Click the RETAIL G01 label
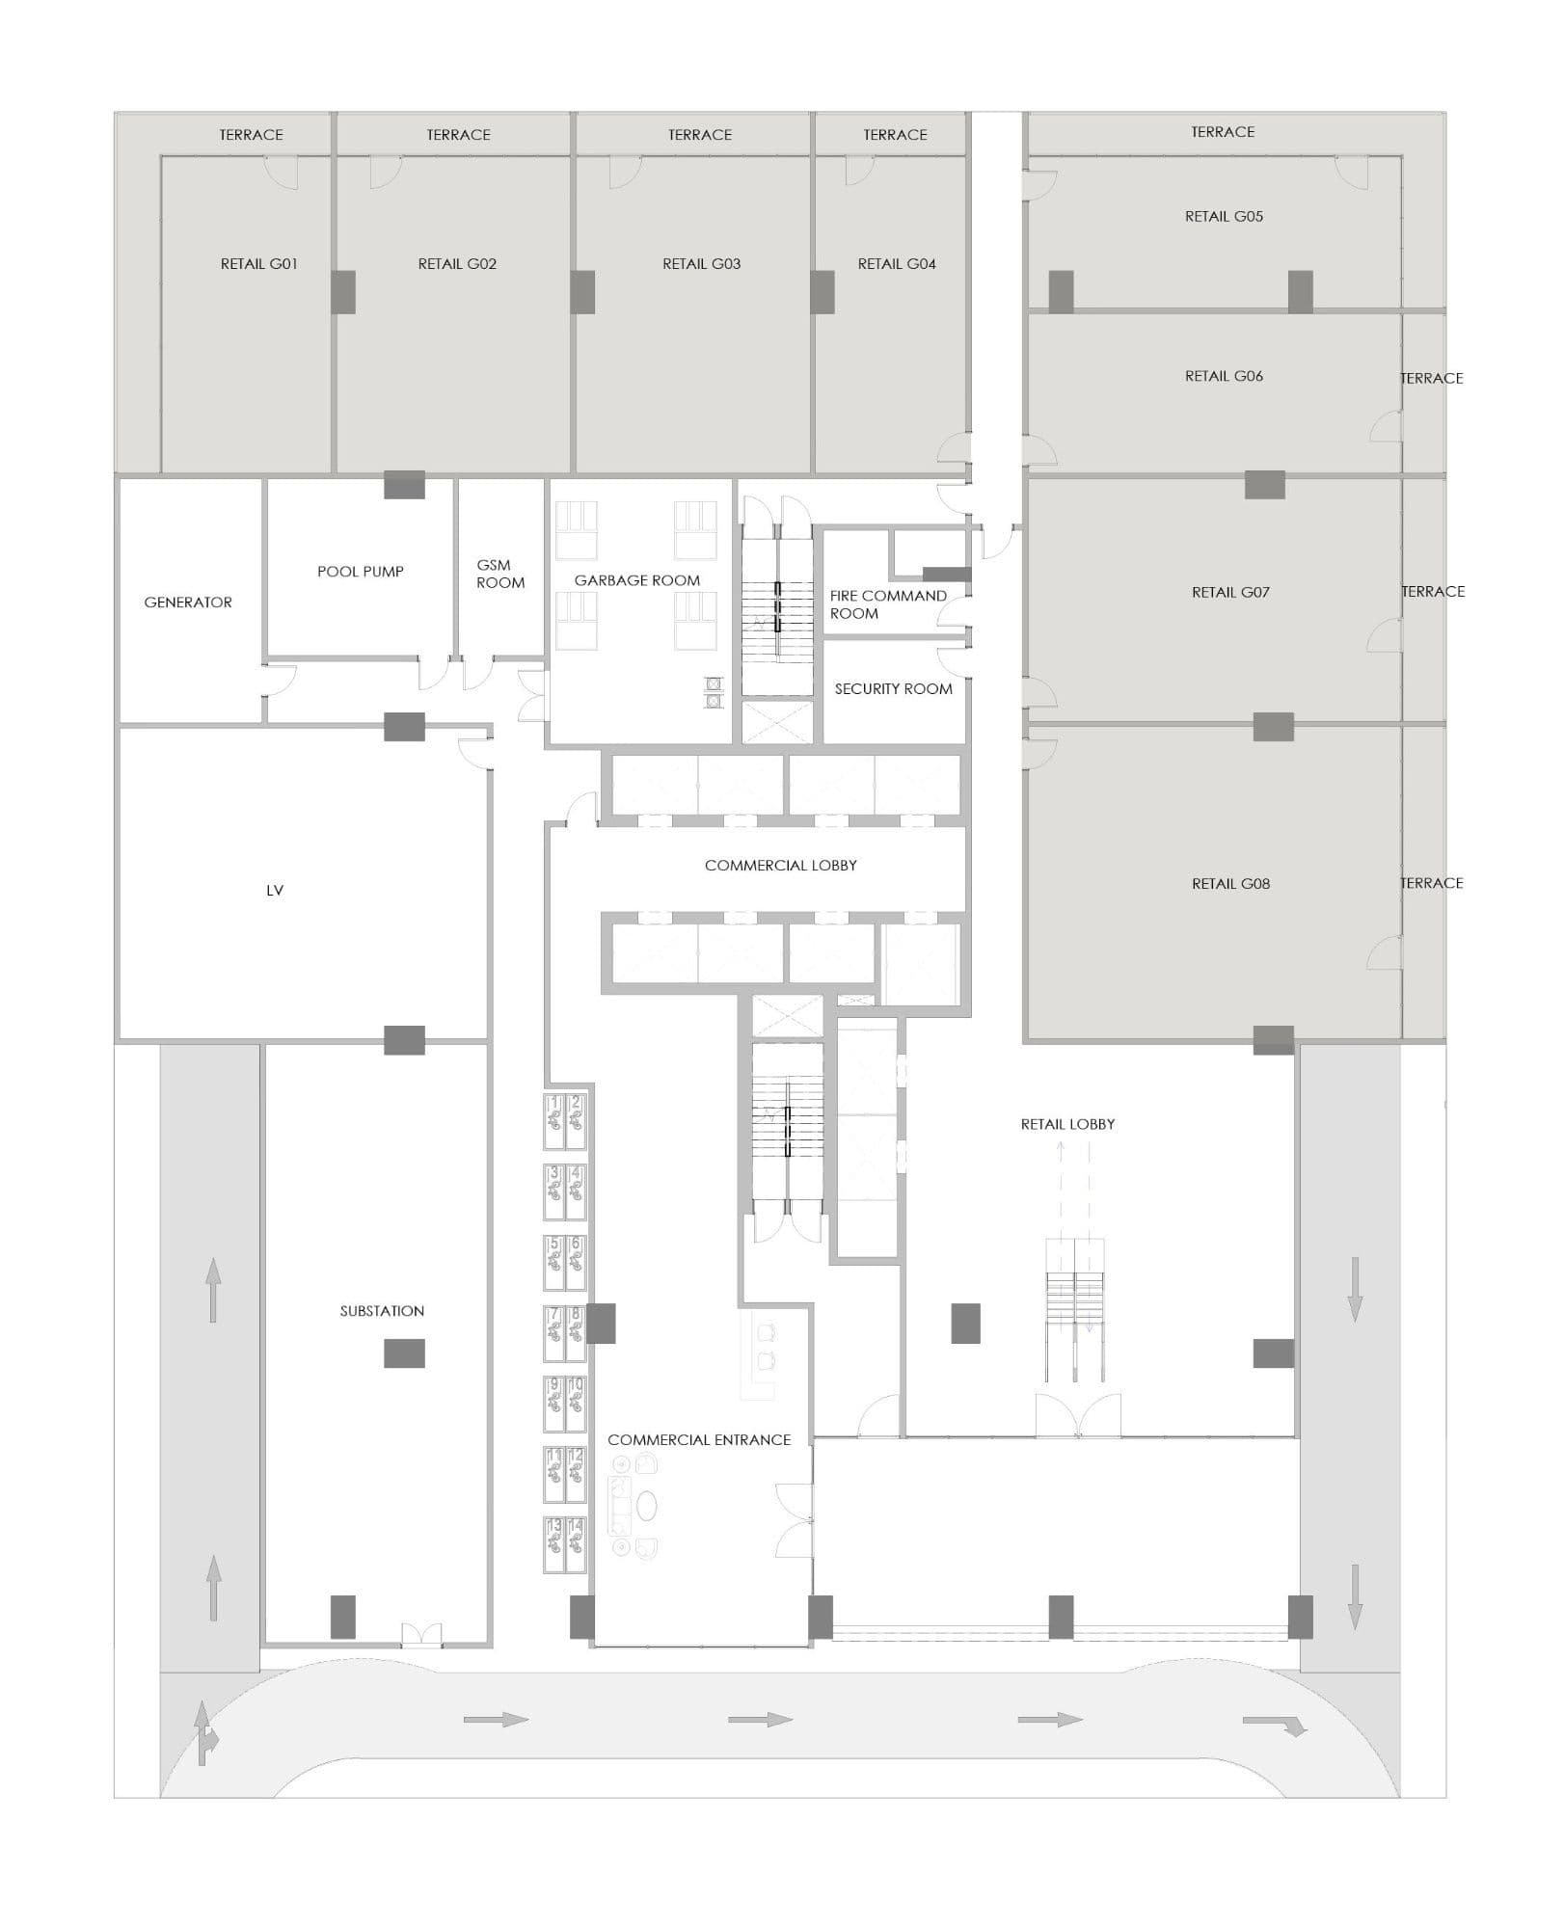[x=258, y=264]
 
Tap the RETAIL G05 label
[x=1224, y=217]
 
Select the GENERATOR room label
[x=188, y=602]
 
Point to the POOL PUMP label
[x=361, y=572]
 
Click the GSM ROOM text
[x=500, y=574]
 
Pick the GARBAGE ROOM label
[x=637, y=580]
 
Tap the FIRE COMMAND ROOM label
[x=888, y=604]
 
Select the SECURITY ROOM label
[x=893, y=689]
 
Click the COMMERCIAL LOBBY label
[x=781, y=866]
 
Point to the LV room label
[x=275, y=891]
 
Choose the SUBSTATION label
[x=382, y=1311]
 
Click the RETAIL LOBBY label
[x=1067, y=1124]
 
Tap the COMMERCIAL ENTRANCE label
[x=699, y=1439]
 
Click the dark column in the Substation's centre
[x=404, y=1352]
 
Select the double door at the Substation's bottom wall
[x=421, y=1633]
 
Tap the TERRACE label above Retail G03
[x=700, y=135]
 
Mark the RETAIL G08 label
[x=1230, y=884]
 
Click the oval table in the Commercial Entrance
[x=646, y=1505]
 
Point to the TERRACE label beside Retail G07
[x=1433, y=592]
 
